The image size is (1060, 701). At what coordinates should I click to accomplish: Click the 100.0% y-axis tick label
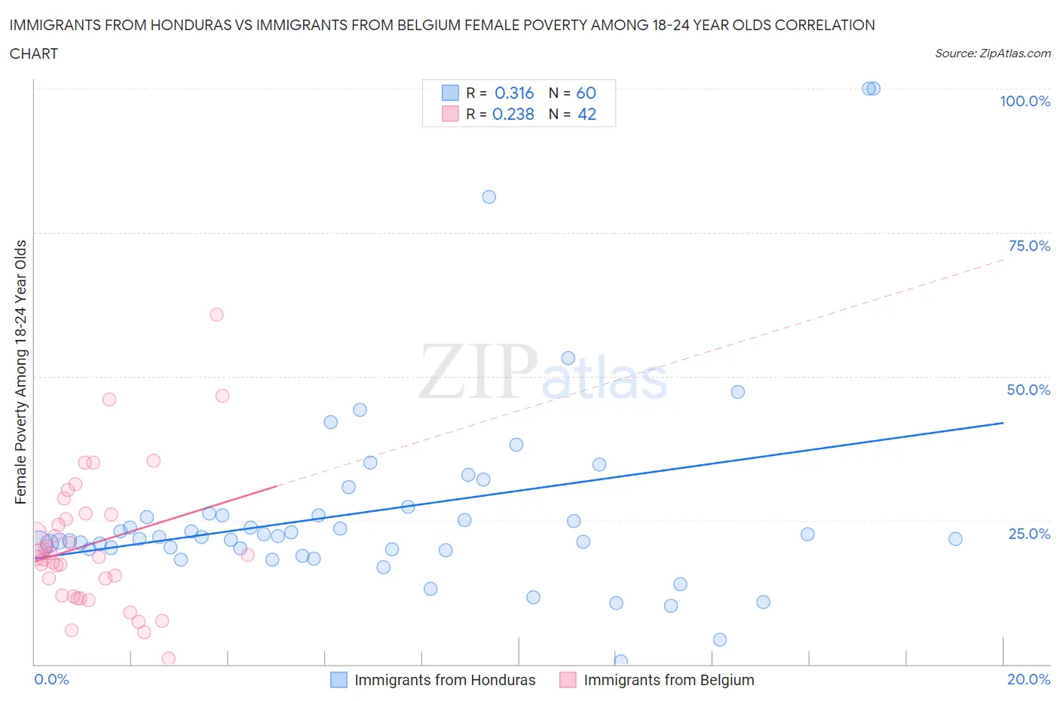[x=1025, y=101]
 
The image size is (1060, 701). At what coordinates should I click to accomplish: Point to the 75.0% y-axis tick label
[x=1029, y=246]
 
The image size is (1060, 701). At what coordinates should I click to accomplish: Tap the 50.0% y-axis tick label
[x=1028, y=390]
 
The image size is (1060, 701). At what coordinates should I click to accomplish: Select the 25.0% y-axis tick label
[x=1029, y=534]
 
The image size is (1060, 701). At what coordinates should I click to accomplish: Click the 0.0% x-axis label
[x=51, y=679]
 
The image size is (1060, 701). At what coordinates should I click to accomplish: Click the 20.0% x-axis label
[x=1028, y=679]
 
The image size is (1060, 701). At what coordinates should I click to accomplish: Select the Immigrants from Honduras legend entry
[x=444, y=680]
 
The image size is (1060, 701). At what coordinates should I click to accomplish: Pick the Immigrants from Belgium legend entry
[x=668, y=680]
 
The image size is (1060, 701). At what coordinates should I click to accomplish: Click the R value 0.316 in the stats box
[x=514, y=93]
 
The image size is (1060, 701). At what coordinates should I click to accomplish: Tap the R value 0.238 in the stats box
[x=513, y=114]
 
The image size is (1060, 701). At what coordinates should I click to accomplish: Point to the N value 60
[x=586, y=93]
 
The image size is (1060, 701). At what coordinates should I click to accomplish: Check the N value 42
[x=587, y=114]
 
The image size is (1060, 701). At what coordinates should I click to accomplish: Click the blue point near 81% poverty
[x=489, y=197]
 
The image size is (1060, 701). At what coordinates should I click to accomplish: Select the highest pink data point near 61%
[x=216, y=314]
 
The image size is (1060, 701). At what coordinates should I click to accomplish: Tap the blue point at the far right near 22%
[x=955, y=539]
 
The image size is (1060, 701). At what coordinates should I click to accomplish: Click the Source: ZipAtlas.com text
[x=992, y=53]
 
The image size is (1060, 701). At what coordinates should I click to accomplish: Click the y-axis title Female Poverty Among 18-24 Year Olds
[x=20, y=372]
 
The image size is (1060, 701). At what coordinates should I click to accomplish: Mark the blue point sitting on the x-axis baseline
[x=621, y=661]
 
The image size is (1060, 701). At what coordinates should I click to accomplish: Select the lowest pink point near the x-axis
[x=169, y=659]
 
